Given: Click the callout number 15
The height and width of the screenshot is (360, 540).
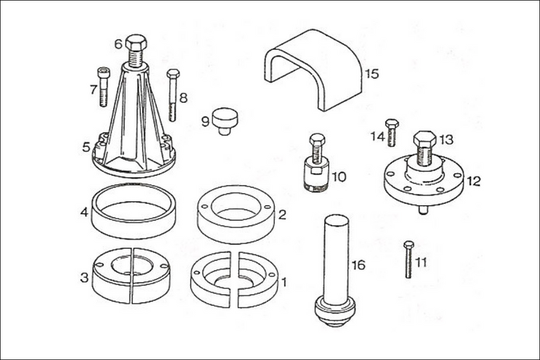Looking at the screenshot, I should (371, 73).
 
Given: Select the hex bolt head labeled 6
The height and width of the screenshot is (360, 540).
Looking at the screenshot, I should (136, 43).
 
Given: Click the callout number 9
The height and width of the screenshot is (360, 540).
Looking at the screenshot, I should (205, 121).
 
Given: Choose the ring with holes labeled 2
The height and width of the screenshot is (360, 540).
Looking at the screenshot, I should (236, 215).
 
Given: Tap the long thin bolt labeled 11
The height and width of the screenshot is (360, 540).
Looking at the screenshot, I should (409, 259).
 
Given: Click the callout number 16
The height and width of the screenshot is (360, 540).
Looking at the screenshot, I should (358, 264).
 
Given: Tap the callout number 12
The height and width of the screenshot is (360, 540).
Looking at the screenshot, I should (473, 181).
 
